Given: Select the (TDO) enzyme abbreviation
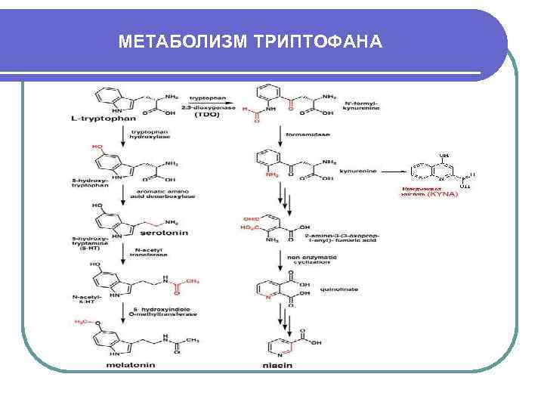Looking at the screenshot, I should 207,115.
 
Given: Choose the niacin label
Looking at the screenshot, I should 278,366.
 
